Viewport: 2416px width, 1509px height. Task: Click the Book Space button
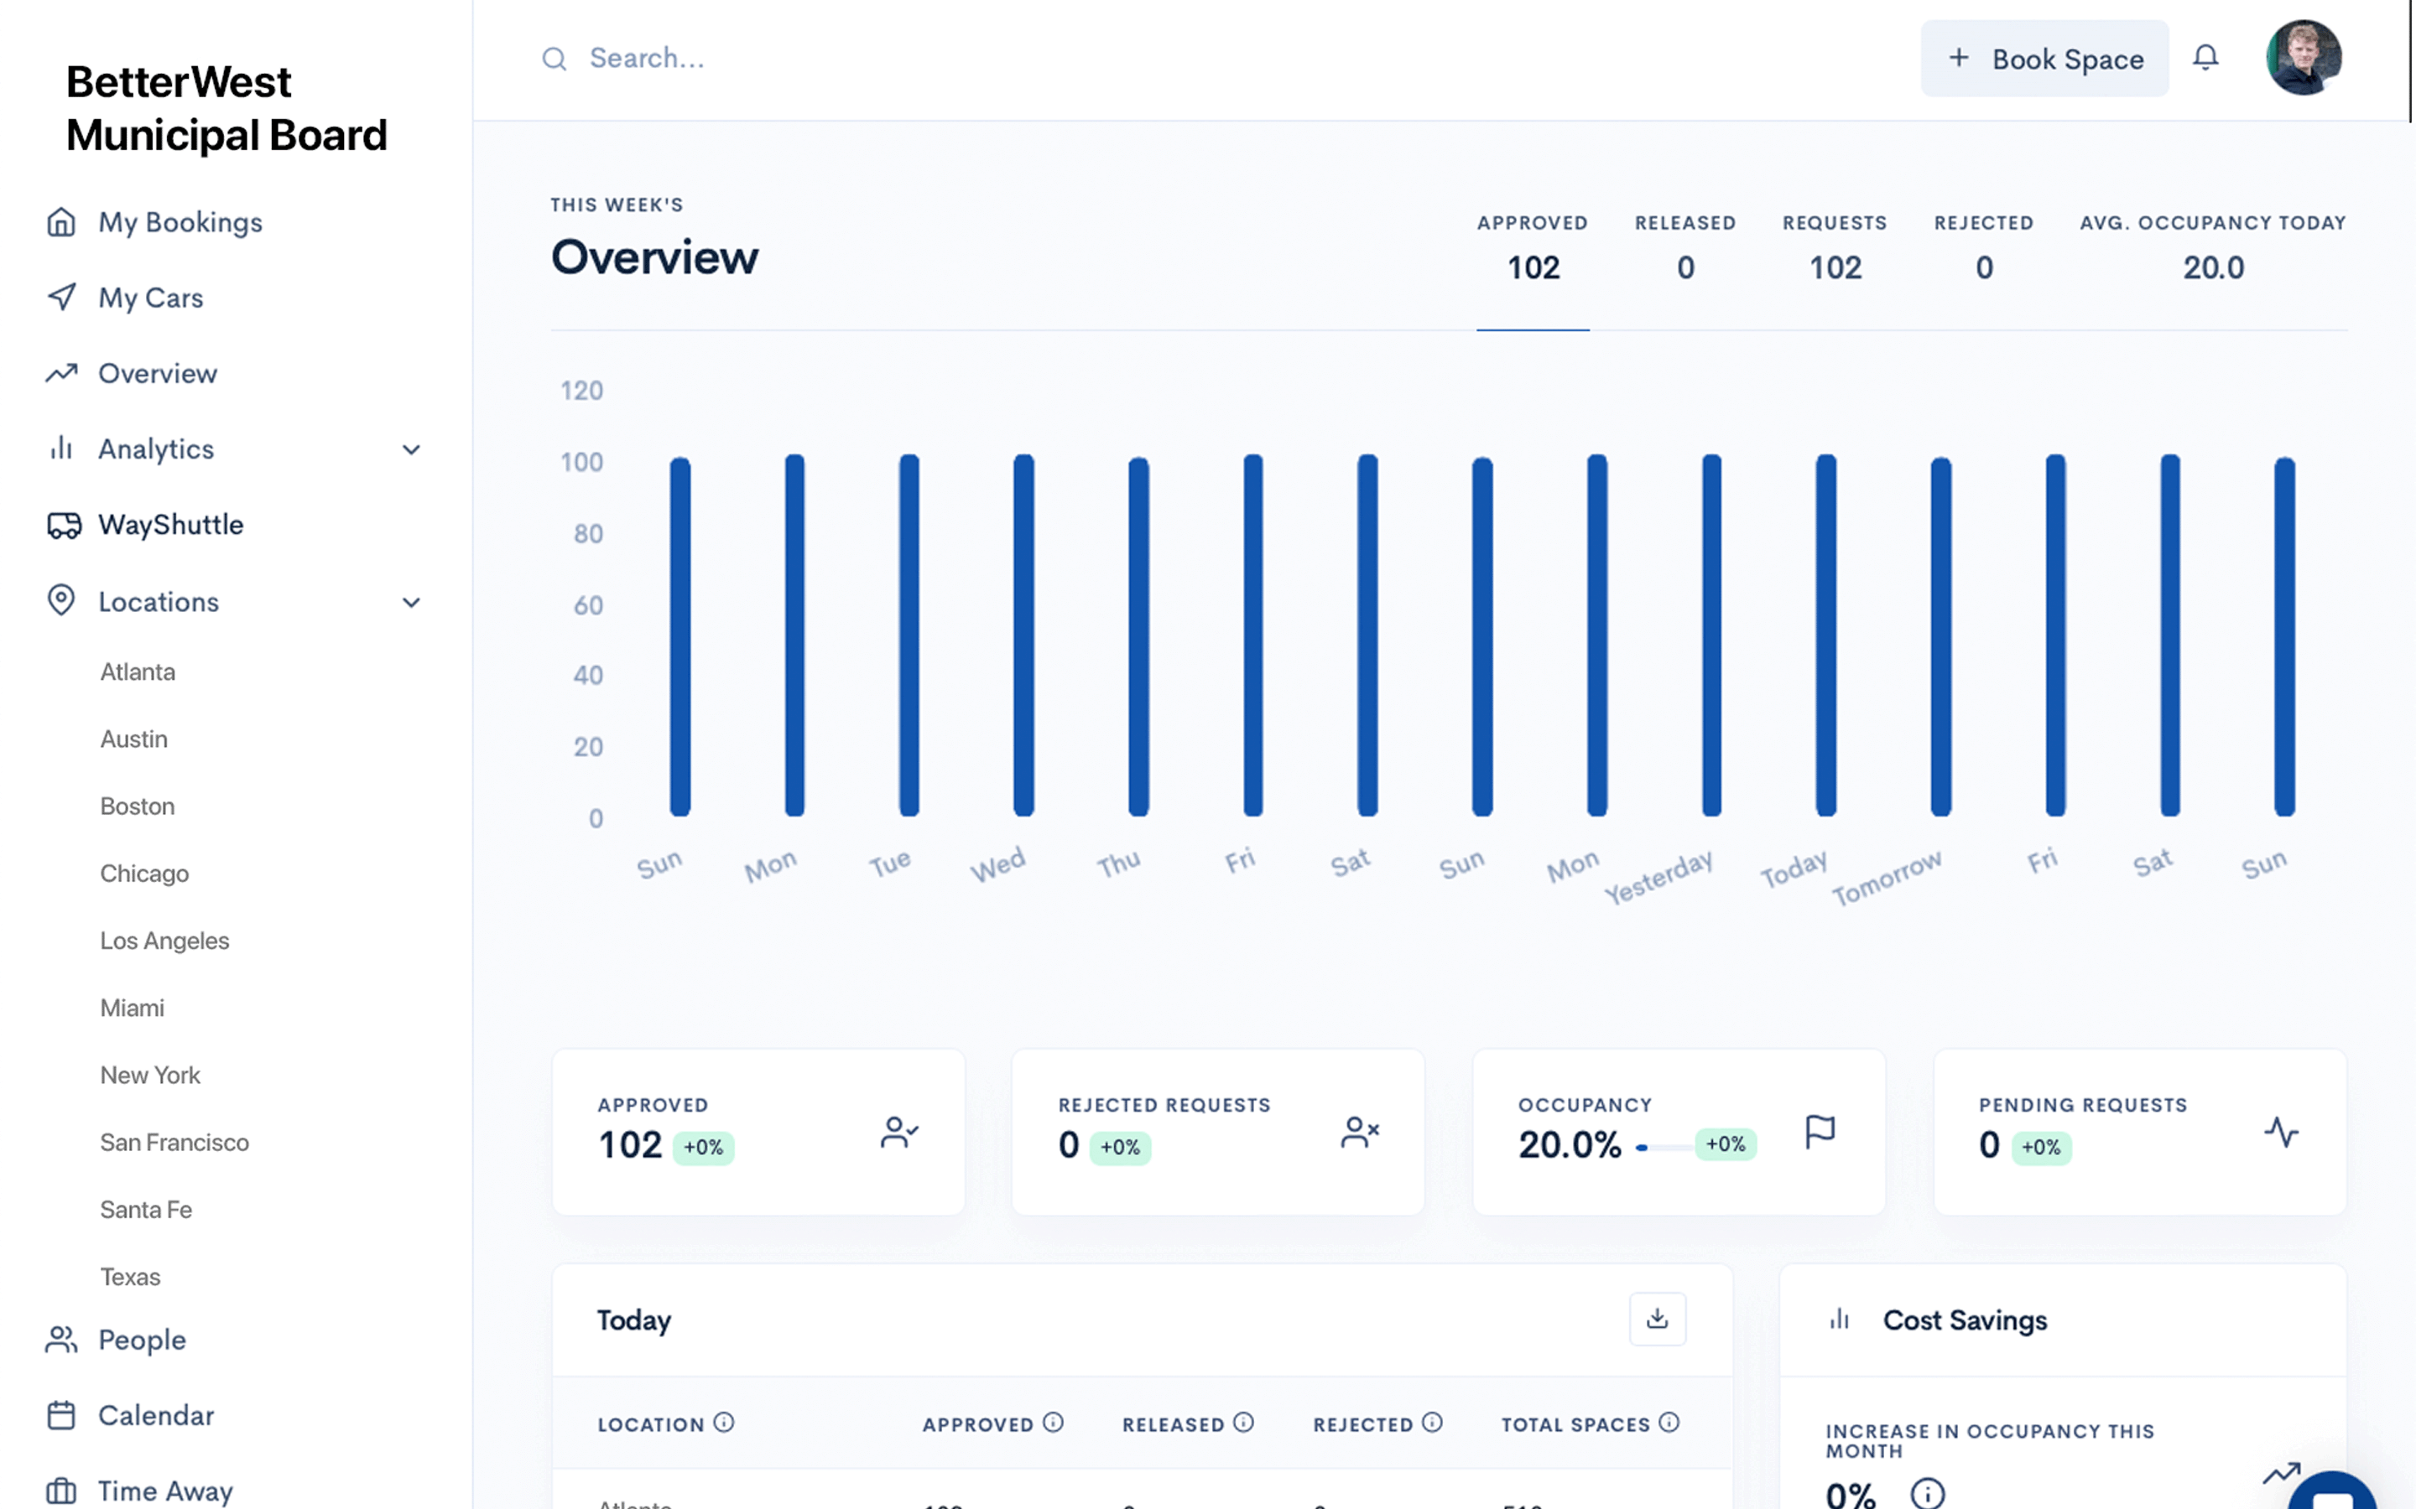point(2044,59)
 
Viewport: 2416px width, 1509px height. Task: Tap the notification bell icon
point(2205,58)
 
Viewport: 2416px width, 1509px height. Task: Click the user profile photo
point(2304,58)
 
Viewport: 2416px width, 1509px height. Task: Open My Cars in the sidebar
point(151,298)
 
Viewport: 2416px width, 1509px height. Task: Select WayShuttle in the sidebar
point(171,525)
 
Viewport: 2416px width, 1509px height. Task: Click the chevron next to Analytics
point(410,450)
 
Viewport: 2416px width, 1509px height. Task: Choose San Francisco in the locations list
point(174,1142)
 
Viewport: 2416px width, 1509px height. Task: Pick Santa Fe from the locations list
point(146,1210)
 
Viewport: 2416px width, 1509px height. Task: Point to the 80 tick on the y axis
point(587,534)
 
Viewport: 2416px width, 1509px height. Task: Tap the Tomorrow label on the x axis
point(1886,877)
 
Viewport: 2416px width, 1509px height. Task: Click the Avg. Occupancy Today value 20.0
point(2212,267)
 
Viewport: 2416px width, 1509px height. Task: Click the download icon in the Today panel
point(1658,1319)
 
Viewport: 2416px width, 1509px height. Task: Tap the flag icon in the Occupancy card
point(1820,1132)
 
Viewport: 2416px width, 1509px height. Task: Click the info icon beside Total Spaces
point(1669,1422)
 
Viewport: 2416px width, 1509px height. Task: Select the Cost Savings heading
point(1964,1320)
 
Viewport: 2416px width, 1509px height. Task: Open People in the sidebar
point(142,1340)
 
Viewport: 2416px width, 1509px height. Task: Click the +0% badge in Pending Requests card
point(2041,1148)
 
